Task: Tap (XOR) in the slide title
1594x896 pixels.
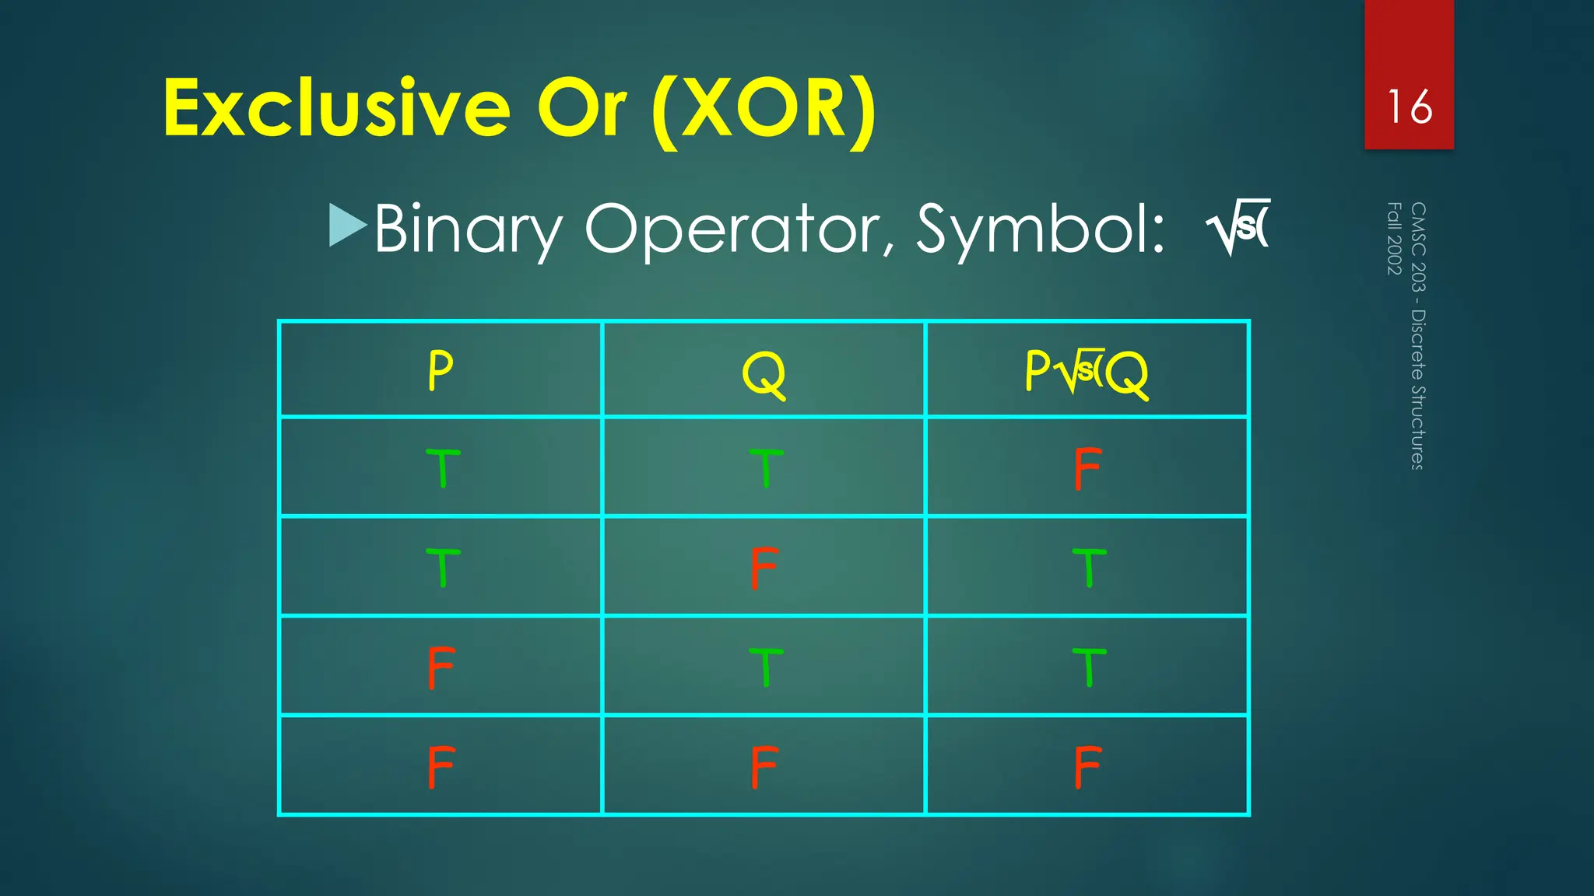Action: pyautogui.click(x=764, y=109)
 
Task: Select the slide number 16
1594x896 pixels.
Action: pyautogui.click(x=1409, y=107)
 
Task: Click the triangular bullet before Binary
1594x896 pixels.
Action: pyautogui.click(x=347, y=226)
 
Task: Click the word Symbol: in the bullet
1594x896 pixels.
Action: pyautogui.click(x=1040, y=229)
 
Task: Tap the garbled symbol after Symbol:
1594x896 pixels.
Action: pyautogui.click(x=1238, y=226)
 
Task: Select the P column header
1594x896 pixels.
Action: pyautogui.click(x=441, y=370)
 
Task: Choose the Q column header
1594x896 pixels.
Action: pyautogui.click(x=764, y=373)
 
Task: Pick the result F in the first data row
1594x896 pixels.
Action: pyautogui.click(x=1087, y=468)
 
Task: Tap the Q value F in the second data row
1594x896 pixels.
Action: pyautogui.click(x=764, y=568)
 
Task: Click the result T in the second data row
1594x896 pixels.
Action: pyautogui.click(x=1088, y=568)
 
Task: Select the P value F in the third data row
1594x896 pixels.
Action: pyautogui.click(x=441, y=667)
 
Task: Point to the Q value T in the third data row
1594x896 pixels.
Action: pyautogui.click(x=765, y=667)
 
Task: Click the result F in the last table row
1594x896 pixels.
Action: pyautogui.click(x=1087, y=767)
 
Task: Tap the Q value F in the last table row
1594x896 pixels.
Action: pyautogui.click(x=764, y=767)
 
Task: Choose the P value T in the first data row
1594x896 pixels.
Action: pyautogui.click(x=442, y=468)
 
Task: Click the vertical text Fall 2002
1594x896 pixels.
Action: pyautogui.click(x=1394, y=238)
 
